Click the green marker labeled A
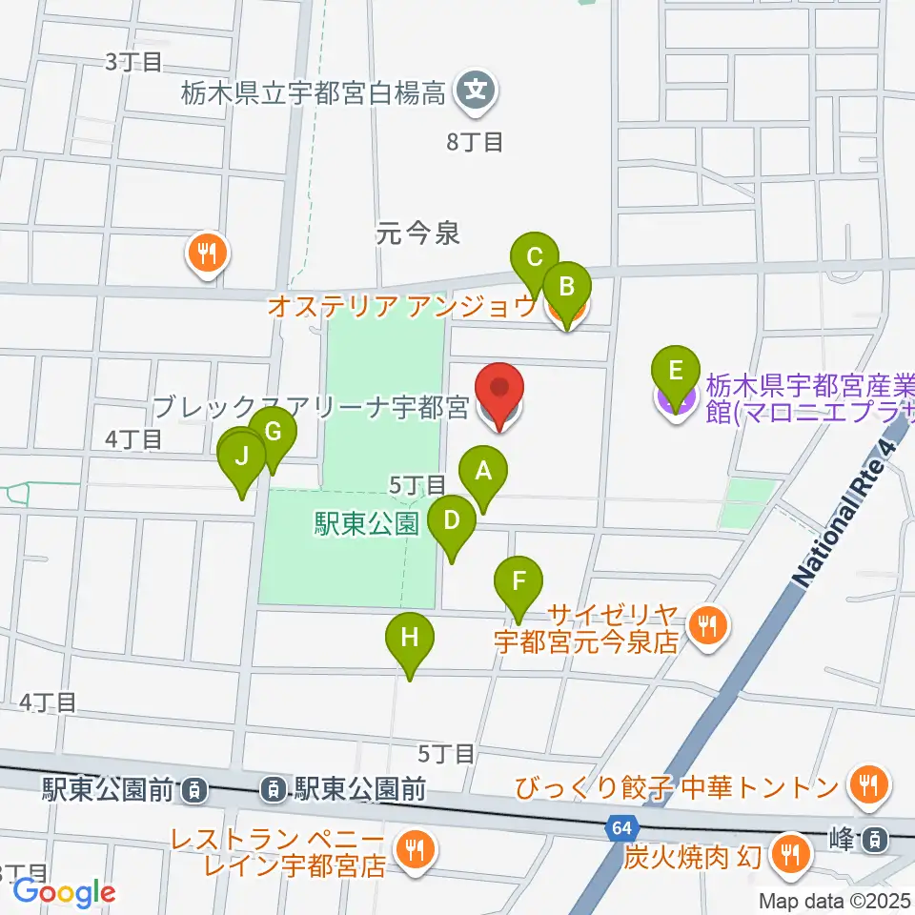(x=483, y=471)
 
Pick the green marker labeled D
(x=452, y=522)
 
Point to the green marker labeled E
(x=676, y=371)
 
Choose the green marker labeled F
(x=518, y=581)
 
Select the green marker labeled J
(x=242, y=457)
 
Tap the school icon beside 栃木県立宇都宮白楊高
(x=475, y=92)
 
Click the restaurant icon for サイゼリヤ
(x=706, y=625)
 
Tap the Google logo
(x=64, y=892)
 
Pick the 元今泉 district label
(x=418, y=233)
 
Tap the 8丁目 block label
(x=475, y=143)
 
